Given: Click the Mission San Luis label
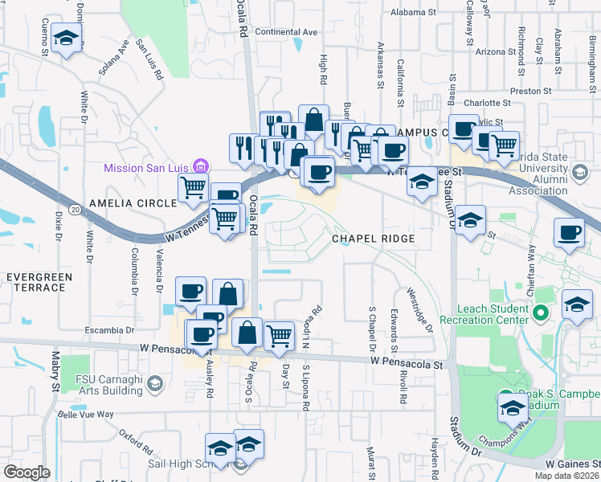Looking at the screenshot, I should coord(148,168).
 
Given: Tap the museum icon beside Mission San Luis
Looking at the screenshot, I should coord(201,167).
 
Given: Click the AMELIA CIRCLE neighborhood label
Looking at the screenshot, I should coord(133,203).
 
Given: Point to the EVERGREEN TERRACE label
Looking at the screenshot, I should coord(39,282).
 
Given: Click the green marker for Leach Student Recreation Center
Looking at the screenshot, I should coord(541,312).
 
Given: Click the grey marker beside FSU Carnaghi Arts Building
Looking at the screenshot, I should coord(152,385).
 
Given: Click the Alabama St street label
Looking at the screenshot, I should coord(412,13).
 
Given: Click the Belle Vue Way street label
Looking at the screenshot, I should coord(87,415).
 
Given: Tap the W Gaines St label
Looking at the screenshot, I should coord(572,464).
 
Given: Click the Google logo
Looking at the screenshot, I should coord(27,472).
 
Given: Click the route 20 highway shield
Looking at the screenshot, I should coord(75,209).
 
